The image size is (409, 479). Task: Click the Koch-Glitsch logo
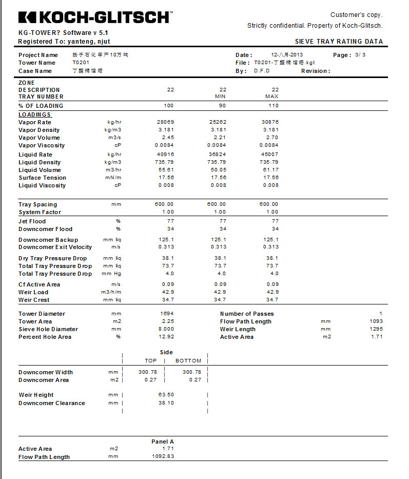click(x=95, y=17)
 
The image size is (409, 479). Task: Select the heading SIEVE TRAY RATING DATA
click(x=339, y=42)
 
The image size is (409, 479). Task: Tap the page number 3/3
click(x=361, y=55)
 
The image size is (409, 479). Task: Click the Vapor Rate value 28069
click(x=165, y=122)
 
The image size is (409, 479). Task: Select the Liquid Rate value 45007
click(x=270, y=155)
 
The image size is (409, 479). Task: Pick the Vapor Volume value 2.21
click(x=220, y=138)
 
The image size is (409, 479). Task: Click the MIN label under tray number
click(x=220, y=97)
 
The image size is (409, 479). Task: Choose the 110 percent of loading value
click(x=274, y=106)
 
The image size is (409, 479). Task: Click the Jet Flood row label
click(x=32, y=221)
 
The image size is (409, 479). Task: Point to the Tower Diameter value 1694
click(x=167, y=314)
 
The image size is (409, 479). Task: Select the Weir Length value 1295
click(x=376, y=329)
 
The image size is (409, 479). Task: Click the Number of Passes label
click(x=247, y=314)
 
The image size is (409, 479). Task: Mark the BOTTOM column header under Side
click(x=188, y=361)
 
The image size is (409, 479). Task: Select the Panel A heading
click(x=162, y=442)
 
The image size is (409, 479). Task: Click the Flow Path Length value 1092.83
click(x=163, y=456)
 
